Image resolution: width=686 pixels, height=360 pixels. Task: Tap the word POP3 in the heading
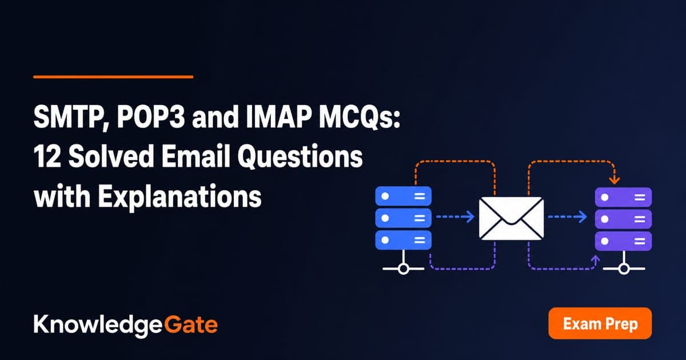coord(151,117)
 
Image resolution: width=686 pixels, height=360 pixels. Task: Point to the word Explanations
coord(180,197)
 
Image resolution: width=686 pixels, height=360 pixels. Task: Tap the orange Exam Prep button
coord(600,323)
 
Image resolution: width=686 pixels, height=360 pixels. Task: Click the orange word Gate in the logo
coord(191,325)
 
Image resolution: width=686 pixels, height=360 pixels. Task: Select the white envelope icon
coord(511,218)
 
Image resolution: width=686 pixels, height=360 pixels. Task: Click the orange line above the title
coord(113,77)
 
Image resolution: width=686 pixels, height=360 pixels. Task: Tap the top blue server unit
coord(404,196)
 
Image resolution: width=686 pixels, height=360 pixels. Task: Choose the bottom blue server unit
coord(404,241)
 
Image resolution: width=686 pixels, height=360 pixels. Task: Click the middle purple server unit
coord(623,219)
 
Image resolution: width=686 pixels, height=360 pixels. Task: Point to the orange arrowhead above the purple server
coord(615,181)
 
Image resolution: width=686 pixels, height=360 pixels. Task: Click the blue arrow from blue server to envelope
coord(455,217)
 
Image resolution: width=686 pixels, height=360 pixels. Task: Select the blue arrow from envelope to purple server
coord(568,217)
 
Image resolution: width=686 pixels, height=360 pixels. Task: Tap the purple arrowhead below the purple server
coord(595,259)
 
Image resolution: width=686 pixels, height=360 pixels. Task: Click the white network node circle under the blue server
coord(404,269)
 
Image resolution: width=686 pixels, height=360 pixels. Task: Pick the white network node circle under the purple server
coord(624,269)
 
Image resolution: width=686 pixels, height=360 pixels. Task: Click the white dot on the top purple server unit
coord(605,197)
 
